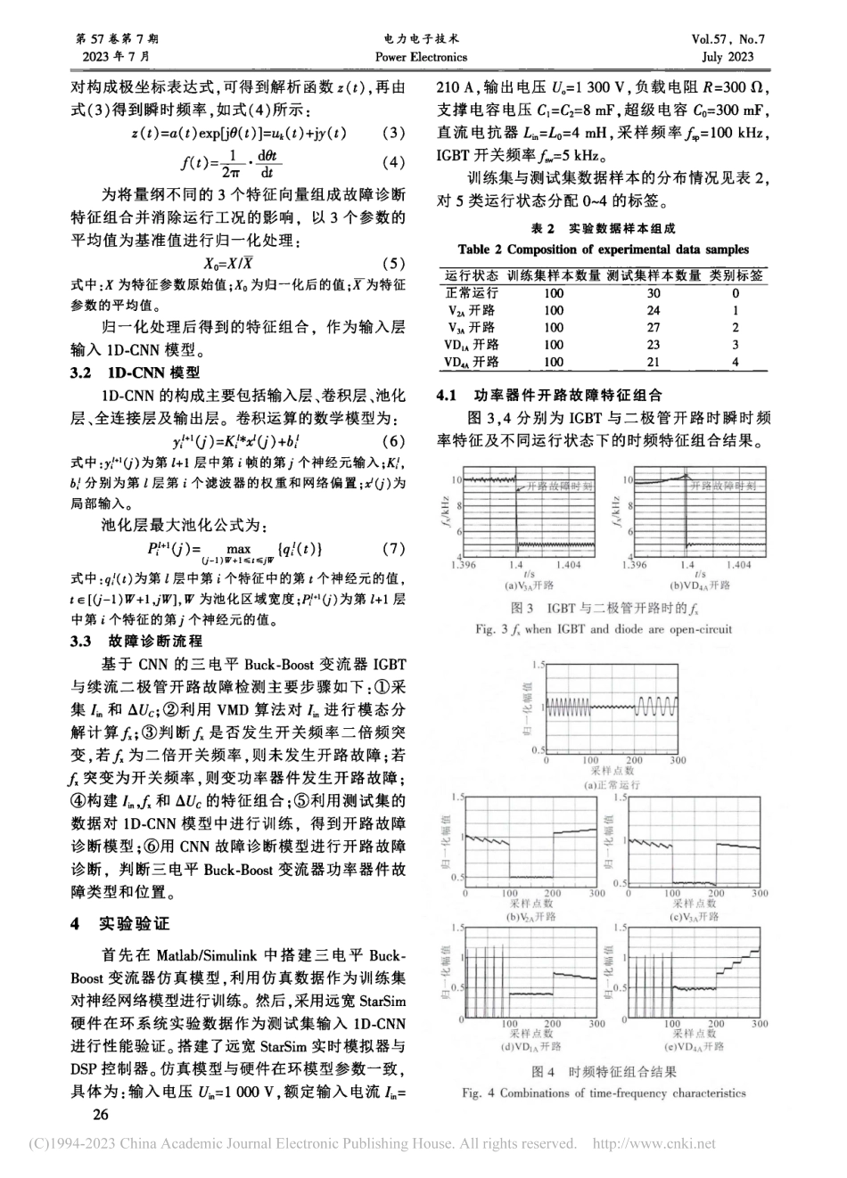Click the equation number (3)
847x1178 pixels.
coord(393,133)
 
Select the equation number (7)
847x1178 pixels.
coord(393,548)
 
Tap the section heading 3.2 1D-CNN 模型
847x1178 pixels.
coord(136,373)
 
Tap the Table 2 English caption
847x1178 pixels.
coord(604,250)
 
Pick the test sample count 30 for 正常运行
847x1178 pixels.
coord(653,293)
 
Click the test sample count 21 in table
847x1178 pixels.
coord(653,362)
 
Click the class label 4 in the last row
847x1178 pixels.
coord(736,362)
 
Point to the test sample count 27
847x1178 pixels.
coord(653,327)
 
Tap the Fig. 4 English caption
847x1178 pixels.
coord(604,1092)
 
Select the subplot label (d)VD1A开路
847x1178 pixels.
coord(530,1046)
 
